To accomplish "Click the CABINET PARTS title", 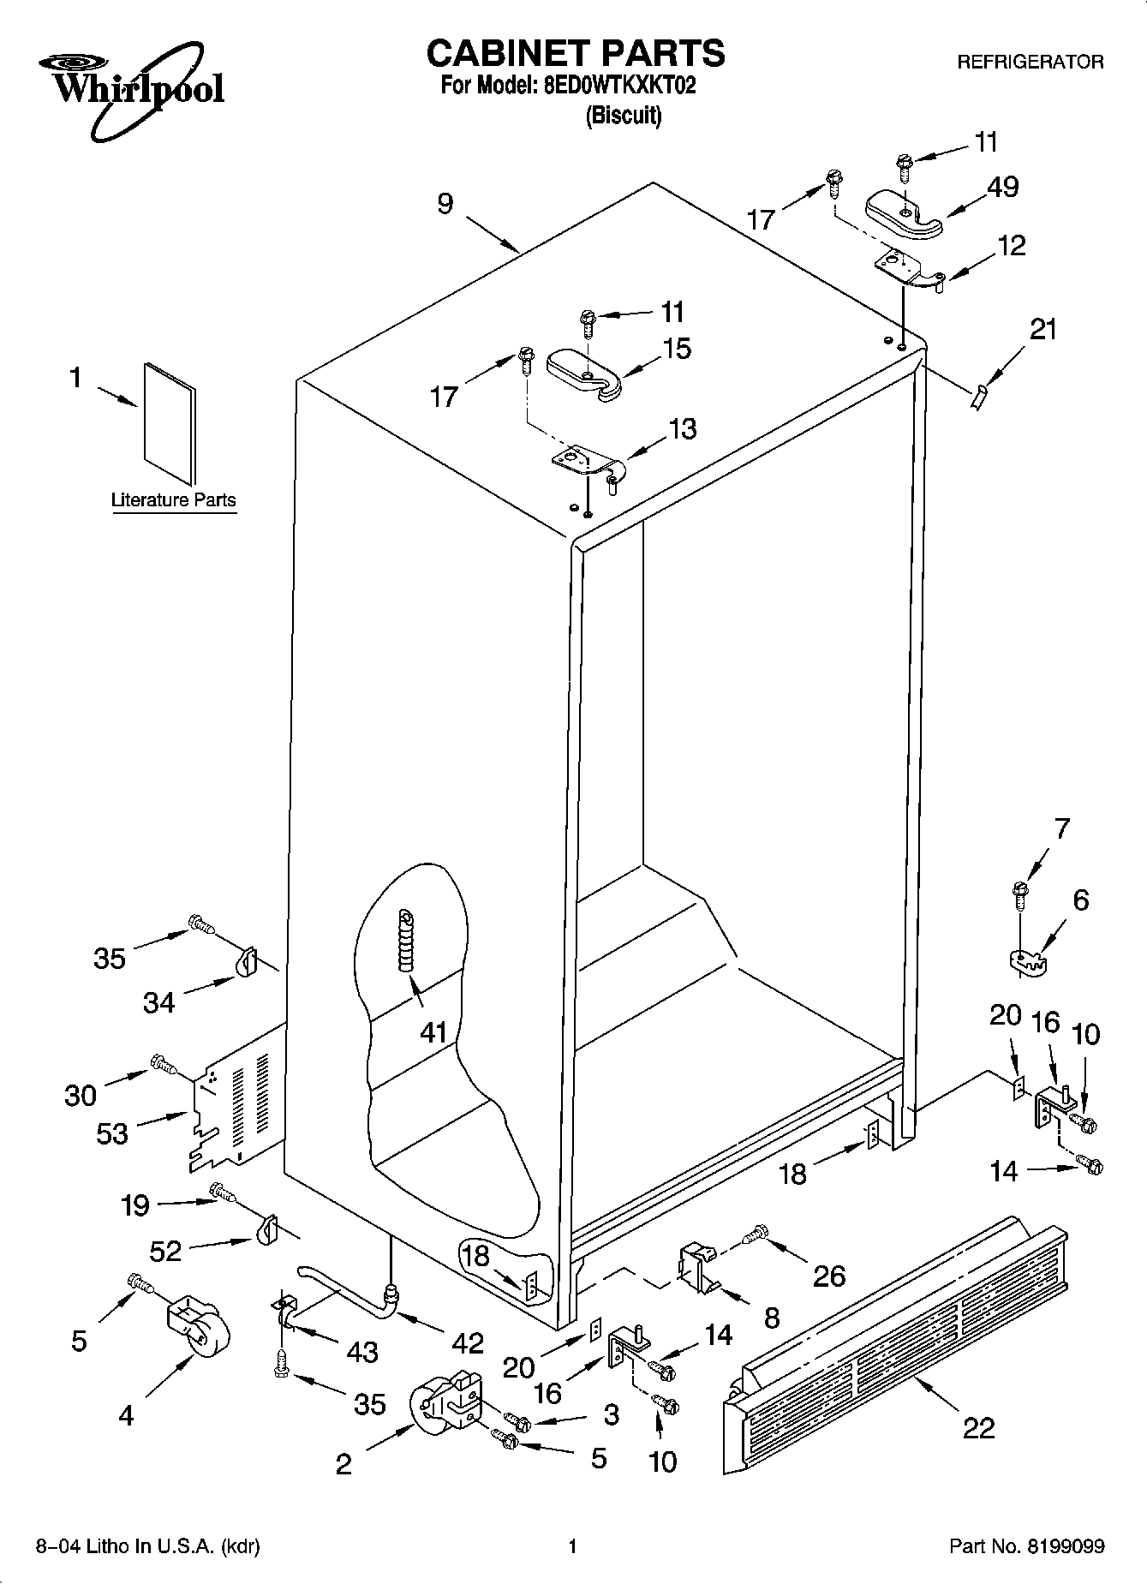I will pyautogui.click(x=575, y=53).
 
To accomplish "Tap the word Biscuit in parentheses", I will pyautogui.click(x=623, y=116).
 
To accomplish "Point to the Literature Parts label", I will pyautogui.click(x=173, y=500).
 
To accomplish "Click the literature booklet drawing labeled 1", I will pyautogui.click(x=170, y=422).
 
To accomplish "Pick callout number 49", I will pyautogui.click(x=1002, y=187).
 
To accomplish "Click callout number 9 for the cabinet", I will pyautogui.click(x=445, y=204).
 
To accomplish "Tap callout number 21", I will pyautogui.click(x=1042, y=329).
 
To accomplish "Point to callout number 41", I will pyautogui.click(x=433, y=1032).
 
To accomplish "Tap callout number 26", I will pyautogui.click(x=828, y=1276).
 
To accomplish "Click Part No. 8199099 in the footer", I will pyautogui.click(x=1026, y=1546).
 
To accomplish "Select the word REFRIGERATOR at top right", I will pyautogui.click(x=1030, y=62).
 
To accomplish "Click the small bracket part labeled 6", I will pyautogui.click(x=1026, y=960).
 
